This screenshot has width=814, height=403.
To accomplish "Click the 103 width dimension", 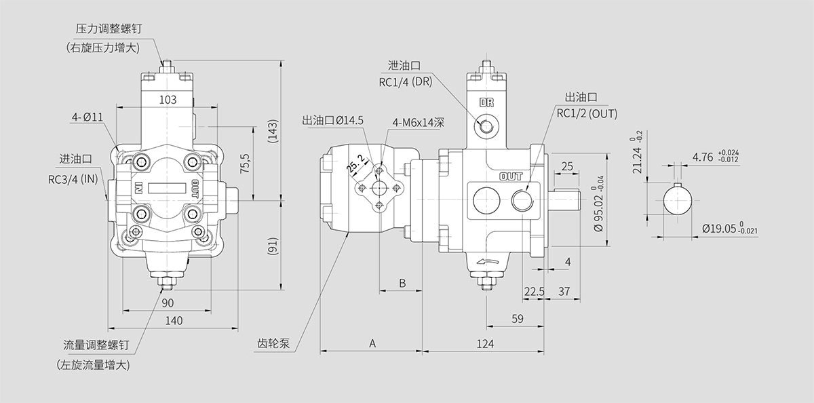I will point(168,99).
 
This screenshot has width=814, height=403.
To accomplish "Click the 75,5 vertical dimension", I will point(246,164).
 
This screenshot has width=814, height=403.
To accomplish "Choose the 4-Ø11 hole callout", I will point(88,117).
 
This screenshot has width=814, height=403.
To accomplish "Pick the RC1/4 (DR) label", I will point(405,83).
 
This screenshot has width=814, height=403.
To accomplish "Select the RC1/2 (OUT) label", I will point(587,113).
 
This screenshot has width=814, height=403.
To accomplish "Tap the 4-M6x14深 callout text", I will point(418,123).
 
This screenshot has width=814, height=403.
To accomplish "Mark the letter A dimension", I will point(372,343).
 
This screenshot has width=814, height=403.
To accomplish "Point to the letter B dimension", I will point(402,283).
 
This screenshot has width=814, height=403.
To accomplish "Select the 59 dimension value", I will point(518,318).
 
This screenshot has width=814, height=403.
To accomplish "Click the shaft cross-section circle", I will point(679,201).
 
